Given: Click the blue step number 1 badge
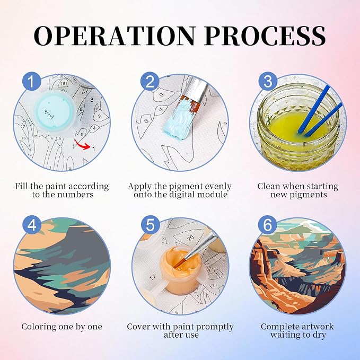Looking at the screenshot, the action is pos(32,82).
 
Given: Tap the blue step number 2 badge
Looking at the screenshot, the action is pos(150,82).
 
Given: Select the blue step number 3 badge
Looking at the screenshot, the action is pos(268,82).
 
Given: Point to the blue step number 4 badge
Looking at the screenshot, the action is pos(32,225).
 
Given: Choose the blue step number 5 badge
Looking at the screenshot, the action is pos(150,225).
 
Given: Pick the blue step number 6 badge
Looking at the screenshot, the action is pos(268,225).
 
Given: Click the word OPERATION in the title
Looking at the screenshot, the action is pos(115,36).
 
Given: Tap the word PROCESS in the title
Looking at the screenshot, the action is pos(265,36).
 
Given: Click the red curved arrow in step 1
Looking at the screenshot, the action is pos(82,145).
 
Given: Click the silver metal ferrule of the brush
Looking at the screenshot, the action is pos(196,90).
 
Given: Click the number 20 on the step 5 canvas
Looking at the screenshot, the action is pos(190,238).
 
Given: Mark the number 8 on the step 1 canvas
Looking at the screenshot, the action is pos(92,100).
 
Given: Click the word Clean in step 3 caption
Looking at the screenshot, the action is pos(267,186).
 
